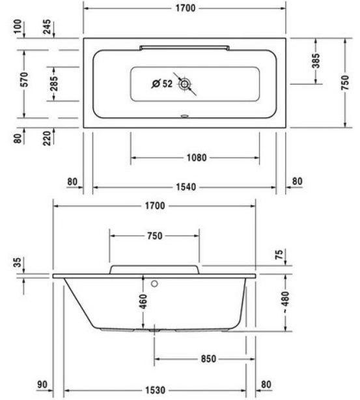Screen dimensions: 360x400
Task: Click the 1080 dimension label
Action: (197, 158)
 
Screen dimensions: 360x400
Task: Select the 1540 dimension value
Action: (186, 187)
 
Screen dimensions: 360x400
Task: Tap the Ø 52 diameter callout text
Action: (162, 83)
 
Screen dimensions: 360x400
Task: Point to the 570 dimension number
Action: (25, 79)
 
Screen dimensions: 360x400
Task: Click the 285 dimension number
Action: (54, 83)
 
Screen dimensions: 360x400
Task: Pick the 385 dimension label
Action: (316, 61)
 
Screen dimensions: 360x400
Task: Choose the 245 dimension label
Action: (47, 27)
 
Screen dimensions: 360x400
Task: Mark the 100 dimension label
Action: (18, 26)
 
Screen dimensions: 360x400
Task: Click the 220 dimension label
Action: (47, 138)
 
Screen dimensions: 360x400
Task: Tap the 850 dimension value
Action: (208, 359)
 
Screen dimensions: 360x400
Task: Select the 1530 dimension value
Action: (156, 390)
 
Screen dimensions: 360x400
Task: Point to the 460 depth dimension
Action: (143, 301)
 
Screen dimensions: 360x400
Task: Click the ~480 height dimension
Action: (286, 302)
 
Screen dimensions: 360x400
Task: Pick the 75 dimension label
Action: (279, 254)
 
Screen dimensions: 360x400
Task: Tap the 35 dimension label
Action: (17, 263)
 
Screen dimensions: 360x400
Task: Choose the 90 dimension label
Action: (42, 384)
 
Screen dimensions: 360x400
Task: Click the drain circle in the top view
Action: (184, 83)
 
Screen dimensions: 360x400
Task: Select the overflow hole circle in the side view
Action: (154, 283)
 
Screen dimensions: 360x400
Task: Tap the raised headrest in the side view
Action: (154, 270)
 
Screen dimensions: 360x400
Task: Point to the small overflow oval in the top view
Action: (184, 116)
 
